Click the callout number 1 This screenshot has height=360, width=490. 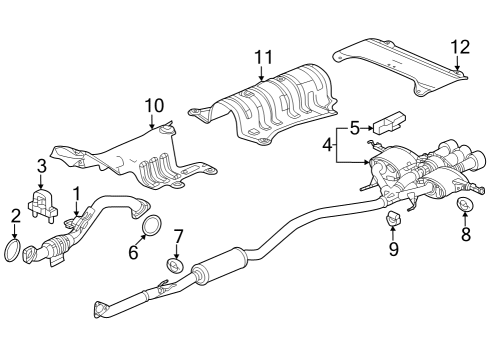point(74,190)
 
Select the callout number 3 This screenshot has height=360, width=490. point(41,165)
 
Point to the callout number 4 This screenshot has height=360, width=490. point(327,146)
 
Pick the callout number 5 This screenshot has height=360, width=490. point(353,127)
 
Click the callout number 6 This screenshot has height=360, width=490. point(133,252)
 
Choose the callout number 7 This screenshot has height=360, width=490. point(179,237)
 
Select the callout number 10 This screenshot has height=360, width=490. point(153,105)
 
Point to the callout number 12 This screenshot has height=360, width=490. point(459,46)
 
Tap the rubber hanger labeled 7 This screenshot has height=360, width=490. point(173,265)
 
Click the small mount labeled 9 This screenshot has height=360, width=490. point(393,218)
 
